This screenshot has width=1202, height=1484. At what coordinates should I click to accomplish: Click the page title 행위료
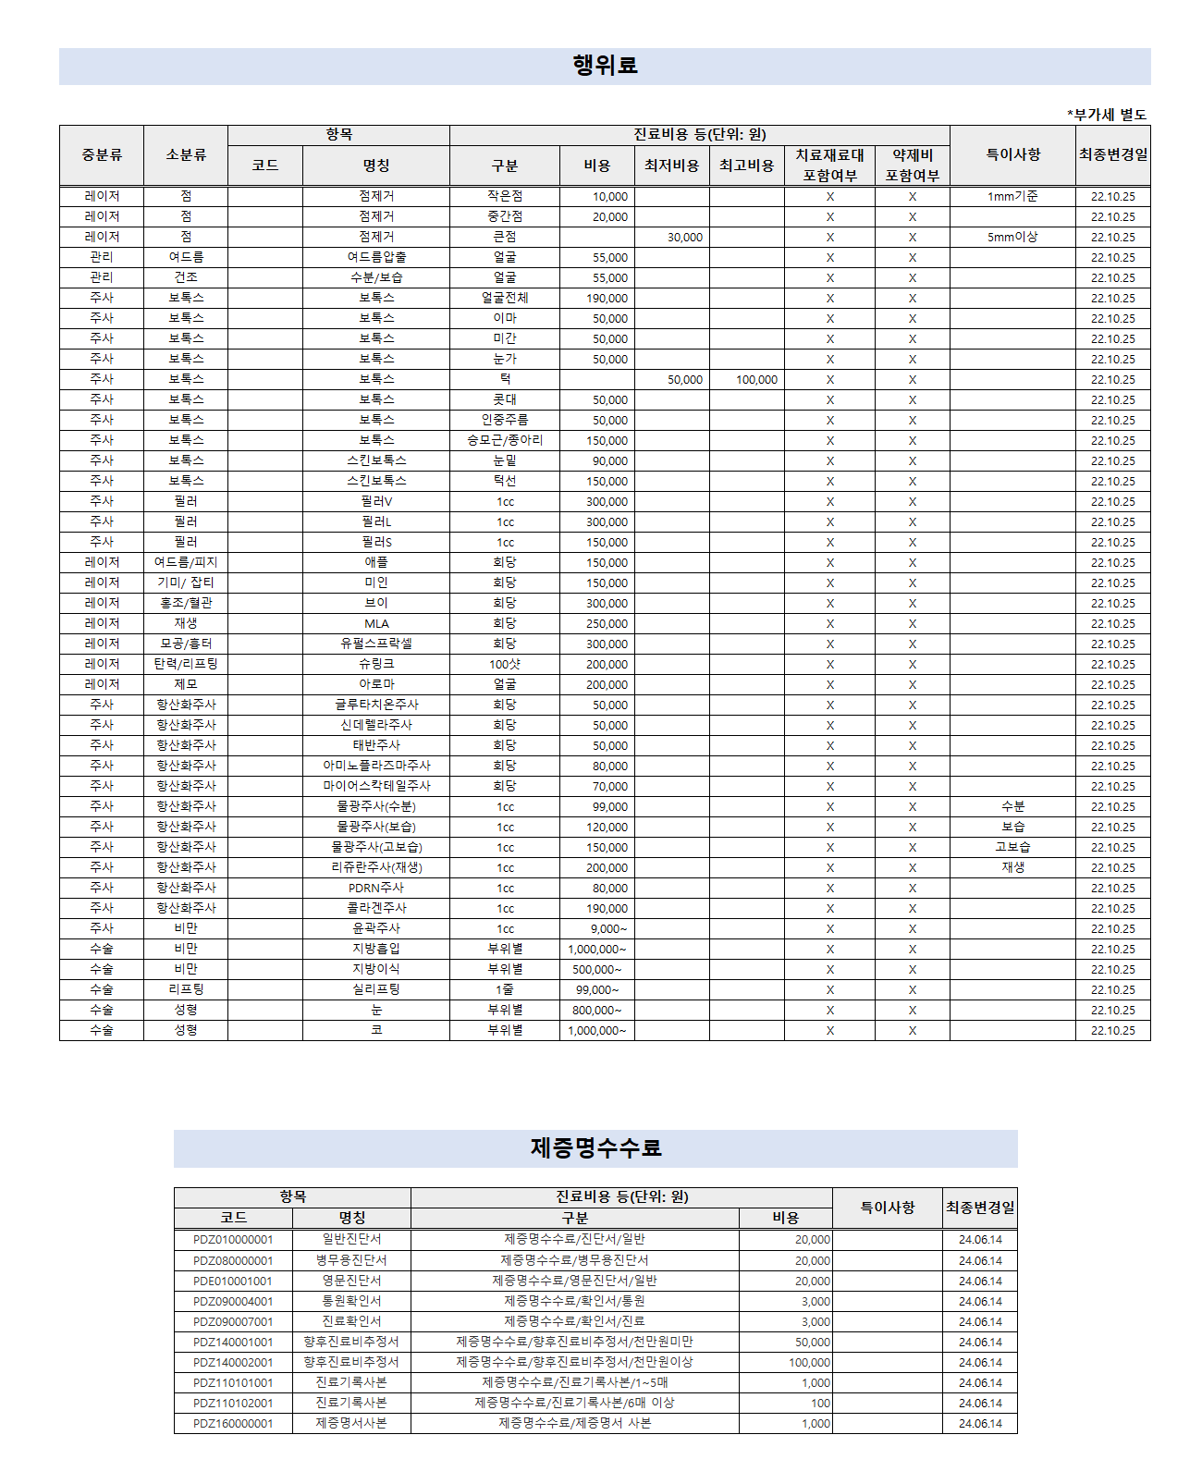point(605,66)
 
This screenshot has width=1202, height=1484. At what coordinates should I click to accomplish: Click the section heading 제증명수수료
point(595,1147)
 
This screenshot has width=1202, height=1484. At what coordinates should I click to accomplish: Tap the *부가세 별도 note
point(1107,115)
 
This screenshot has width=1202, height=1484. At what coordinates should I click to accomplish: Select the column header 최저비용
point(671,166)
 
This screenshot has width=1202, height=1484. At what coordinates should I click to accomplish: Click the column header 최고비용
point(746,166)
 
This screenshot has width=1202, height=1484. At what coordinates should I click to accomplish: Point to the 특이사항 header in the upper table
point(1012,154)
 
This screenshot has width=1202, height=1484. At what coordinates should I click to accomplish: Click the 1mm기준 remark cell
point(1012,196)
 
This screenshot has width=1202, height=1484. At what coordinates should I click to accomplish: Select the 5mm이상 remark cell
point(1012,237)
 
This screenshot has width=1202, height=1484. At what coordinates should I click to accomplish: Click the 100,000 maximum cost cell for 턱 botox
point(756,380)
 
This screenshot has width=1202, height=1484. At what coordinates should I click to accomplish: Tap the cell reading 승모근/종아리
point(505,440)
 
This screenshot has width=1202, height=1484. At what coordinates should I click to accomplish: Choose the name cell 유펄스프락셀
point(376,644)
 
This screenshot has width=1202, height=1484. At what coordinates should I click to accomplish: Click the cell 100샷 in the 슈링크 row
point(505,664)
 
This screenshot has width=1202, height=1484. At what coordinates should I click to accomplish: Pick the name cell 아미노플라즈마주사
point(376,766)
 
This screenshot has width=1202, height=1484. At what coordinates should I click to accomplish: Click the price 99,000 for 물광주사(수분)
point(609,807)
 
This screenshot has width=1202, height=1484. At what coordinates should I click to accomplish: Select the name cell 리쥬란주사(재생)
point(376,867)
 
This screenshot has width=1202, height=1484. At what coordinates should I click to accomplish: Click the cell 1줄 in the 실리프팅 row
point(505,989)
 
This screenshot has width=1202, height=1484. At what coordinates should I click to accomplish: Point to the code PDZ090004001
point(233,1302)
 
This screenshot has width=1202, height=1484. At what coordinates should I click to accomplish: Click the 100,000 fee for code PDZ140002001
point(809,1363)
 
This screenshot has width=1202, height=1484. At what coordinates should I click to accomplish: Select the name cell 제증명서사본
point(351,1424)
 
